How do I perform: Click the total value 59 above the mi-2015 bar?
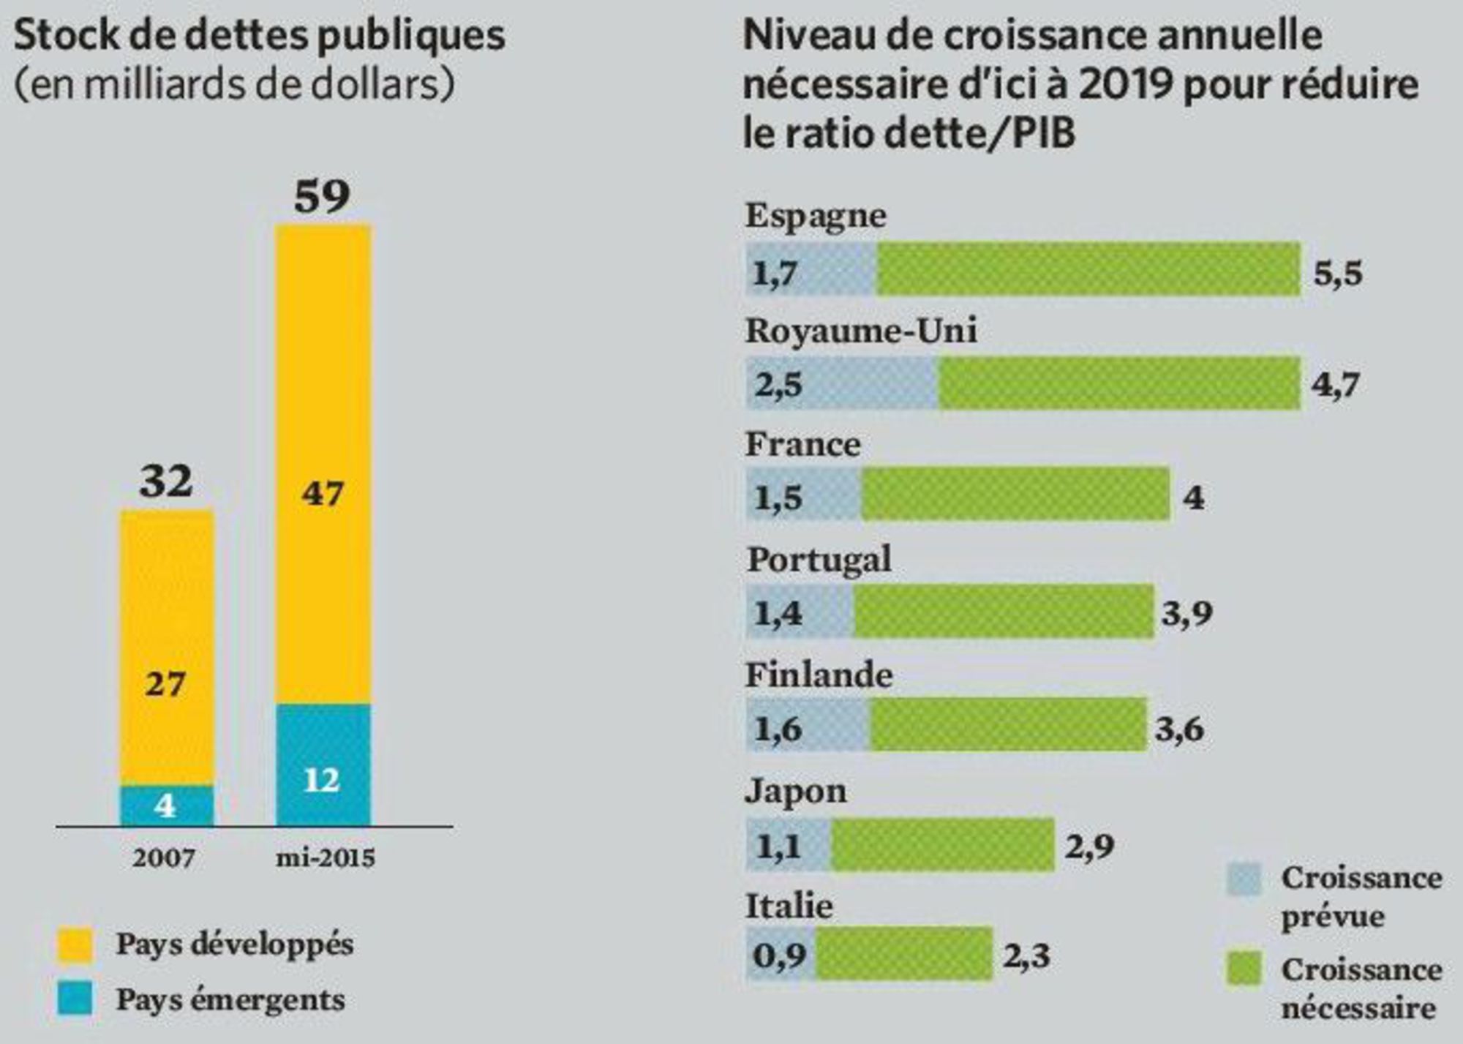(322, 196)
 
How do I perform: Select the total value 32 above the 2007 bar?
(167, 481)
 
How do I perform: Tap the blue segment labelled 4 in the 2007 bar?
(167, 806)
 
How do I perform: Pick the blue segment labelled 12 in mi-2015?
(323, 765)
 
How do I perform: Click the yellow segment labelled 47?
(323, 464)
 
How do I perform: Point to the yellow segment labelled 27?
(167, 647)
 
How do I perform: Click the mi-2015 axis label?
(325, 857)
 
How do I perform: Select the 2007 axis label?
(164, 857)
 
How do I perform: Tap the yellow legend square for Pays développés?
(75, 945)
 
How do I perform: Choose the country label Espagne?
(816, 216)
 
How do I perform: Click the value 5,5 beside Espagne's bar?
(1338, 274)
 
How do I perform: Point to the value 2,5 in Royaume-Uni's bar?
(779, 385)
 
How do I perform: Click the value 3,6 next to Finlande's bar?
(1179, 729)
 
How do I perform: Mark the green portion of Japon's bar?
(943, 846)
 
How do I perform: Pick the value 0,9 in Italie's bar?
(779, 955)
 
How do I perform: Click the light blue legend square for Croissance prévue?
(1244, 879)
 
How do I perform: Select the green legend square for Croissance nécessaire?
(1244, 969)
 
